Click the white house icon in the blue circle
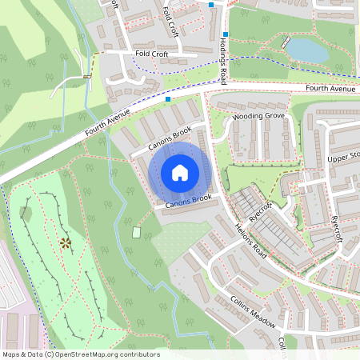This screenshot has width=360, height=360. point(180,172)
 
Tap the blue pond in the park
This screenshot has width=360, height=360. point(306,50)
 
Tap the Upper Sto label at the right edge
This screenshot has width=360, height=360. point(343,155)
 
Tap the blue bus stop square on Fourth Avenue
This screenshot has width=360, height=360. point(168,100)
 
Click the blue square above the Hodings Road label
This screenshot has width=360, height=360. point(226,34)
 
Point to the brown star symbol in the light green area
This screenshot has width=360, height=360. point(64,242)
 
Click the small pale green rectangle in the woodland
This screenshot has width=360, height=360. point(136,233)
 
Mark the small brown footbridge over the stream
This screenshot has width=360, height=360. point(86,77)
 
